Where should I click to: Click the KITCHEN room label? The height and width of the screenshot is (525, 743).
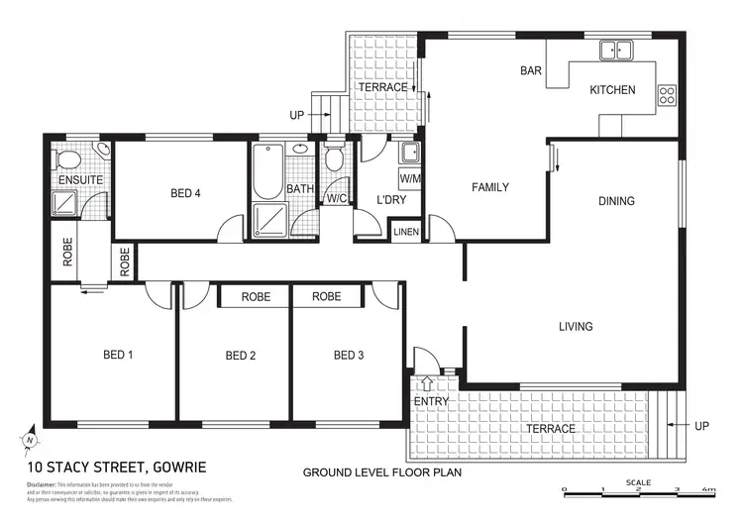(612, 90)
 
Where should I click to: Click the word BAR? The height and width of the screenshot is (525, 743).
(530, 71)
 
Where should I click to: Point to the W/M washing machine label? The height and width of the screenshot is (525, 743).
(409, 178)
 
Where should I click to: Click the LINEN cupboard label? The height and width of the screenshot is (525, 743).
(406, 232)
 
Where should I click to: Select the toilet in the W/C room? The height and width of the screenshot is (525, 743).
(335, 160)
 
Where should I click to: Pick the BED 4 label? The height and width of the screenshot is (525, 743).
(185, 194)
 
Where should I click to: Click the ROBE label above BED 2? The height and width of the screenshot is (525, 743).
(256, 296)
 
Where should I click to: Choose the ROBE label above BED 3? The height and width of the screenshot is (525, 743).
(326, 296)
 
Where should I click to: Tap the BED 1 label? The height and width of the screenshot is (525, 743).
(118, 355)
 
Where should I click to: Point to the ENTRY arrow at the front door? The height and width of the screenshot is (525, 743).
(427, 382)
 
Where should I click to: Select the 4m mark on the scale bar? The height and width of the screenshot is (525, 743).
(710, 490)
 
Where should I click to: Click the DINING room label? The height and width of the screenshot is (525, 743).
(616, 201)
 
